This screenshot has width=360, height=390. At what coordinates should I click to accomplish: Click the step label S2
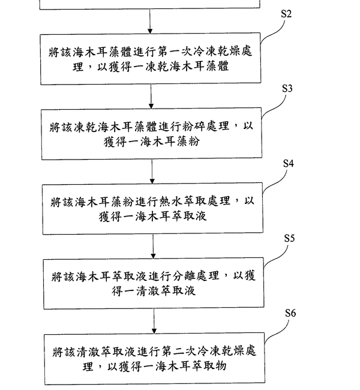pos(286,14)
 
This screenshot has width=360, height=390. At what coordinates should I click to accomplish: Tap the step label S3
pos(287,88)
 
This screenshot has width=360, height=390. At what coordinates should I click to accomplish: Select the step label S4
pos(288,163)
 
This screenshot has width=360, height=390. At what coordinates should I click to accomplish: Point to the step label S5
pos(289,238)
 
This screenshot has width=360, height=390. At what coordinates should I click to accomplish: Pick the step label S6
pos(290,313)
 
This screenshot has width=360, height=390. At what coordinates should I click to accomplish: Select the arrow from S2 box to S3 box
pos(151,97)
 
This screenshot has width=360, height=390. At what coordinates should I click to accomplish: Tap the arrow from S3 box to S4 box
pos(152,172)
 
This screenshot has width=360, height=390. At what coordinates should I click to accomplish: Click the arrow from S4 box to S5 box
pos(153,247)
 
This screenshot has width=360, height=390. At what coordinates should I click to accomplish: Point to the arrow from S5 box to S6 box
pos(154,322)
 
